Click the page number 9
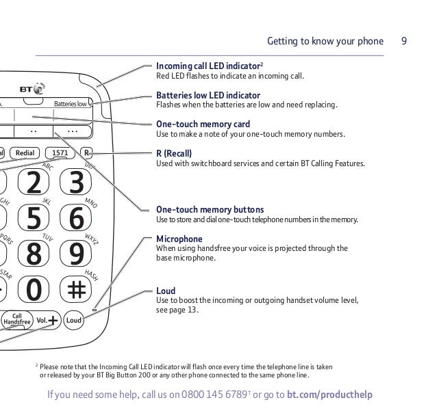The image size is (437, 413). coord(405,41)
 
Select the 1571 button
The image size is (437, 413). coord(60,152)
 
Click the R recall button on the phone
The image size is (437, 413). coord(86,152)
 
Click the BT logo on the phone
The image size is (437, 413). coord(32,89)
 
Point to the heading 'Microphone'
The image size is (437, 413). coord(179,239)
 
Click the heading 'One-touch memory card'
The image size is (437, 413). coord(203,124)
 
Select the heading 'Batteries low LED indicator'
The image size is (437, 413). coord(208,95)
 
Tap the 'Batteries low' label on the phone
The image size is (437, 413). coord(71,105)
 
